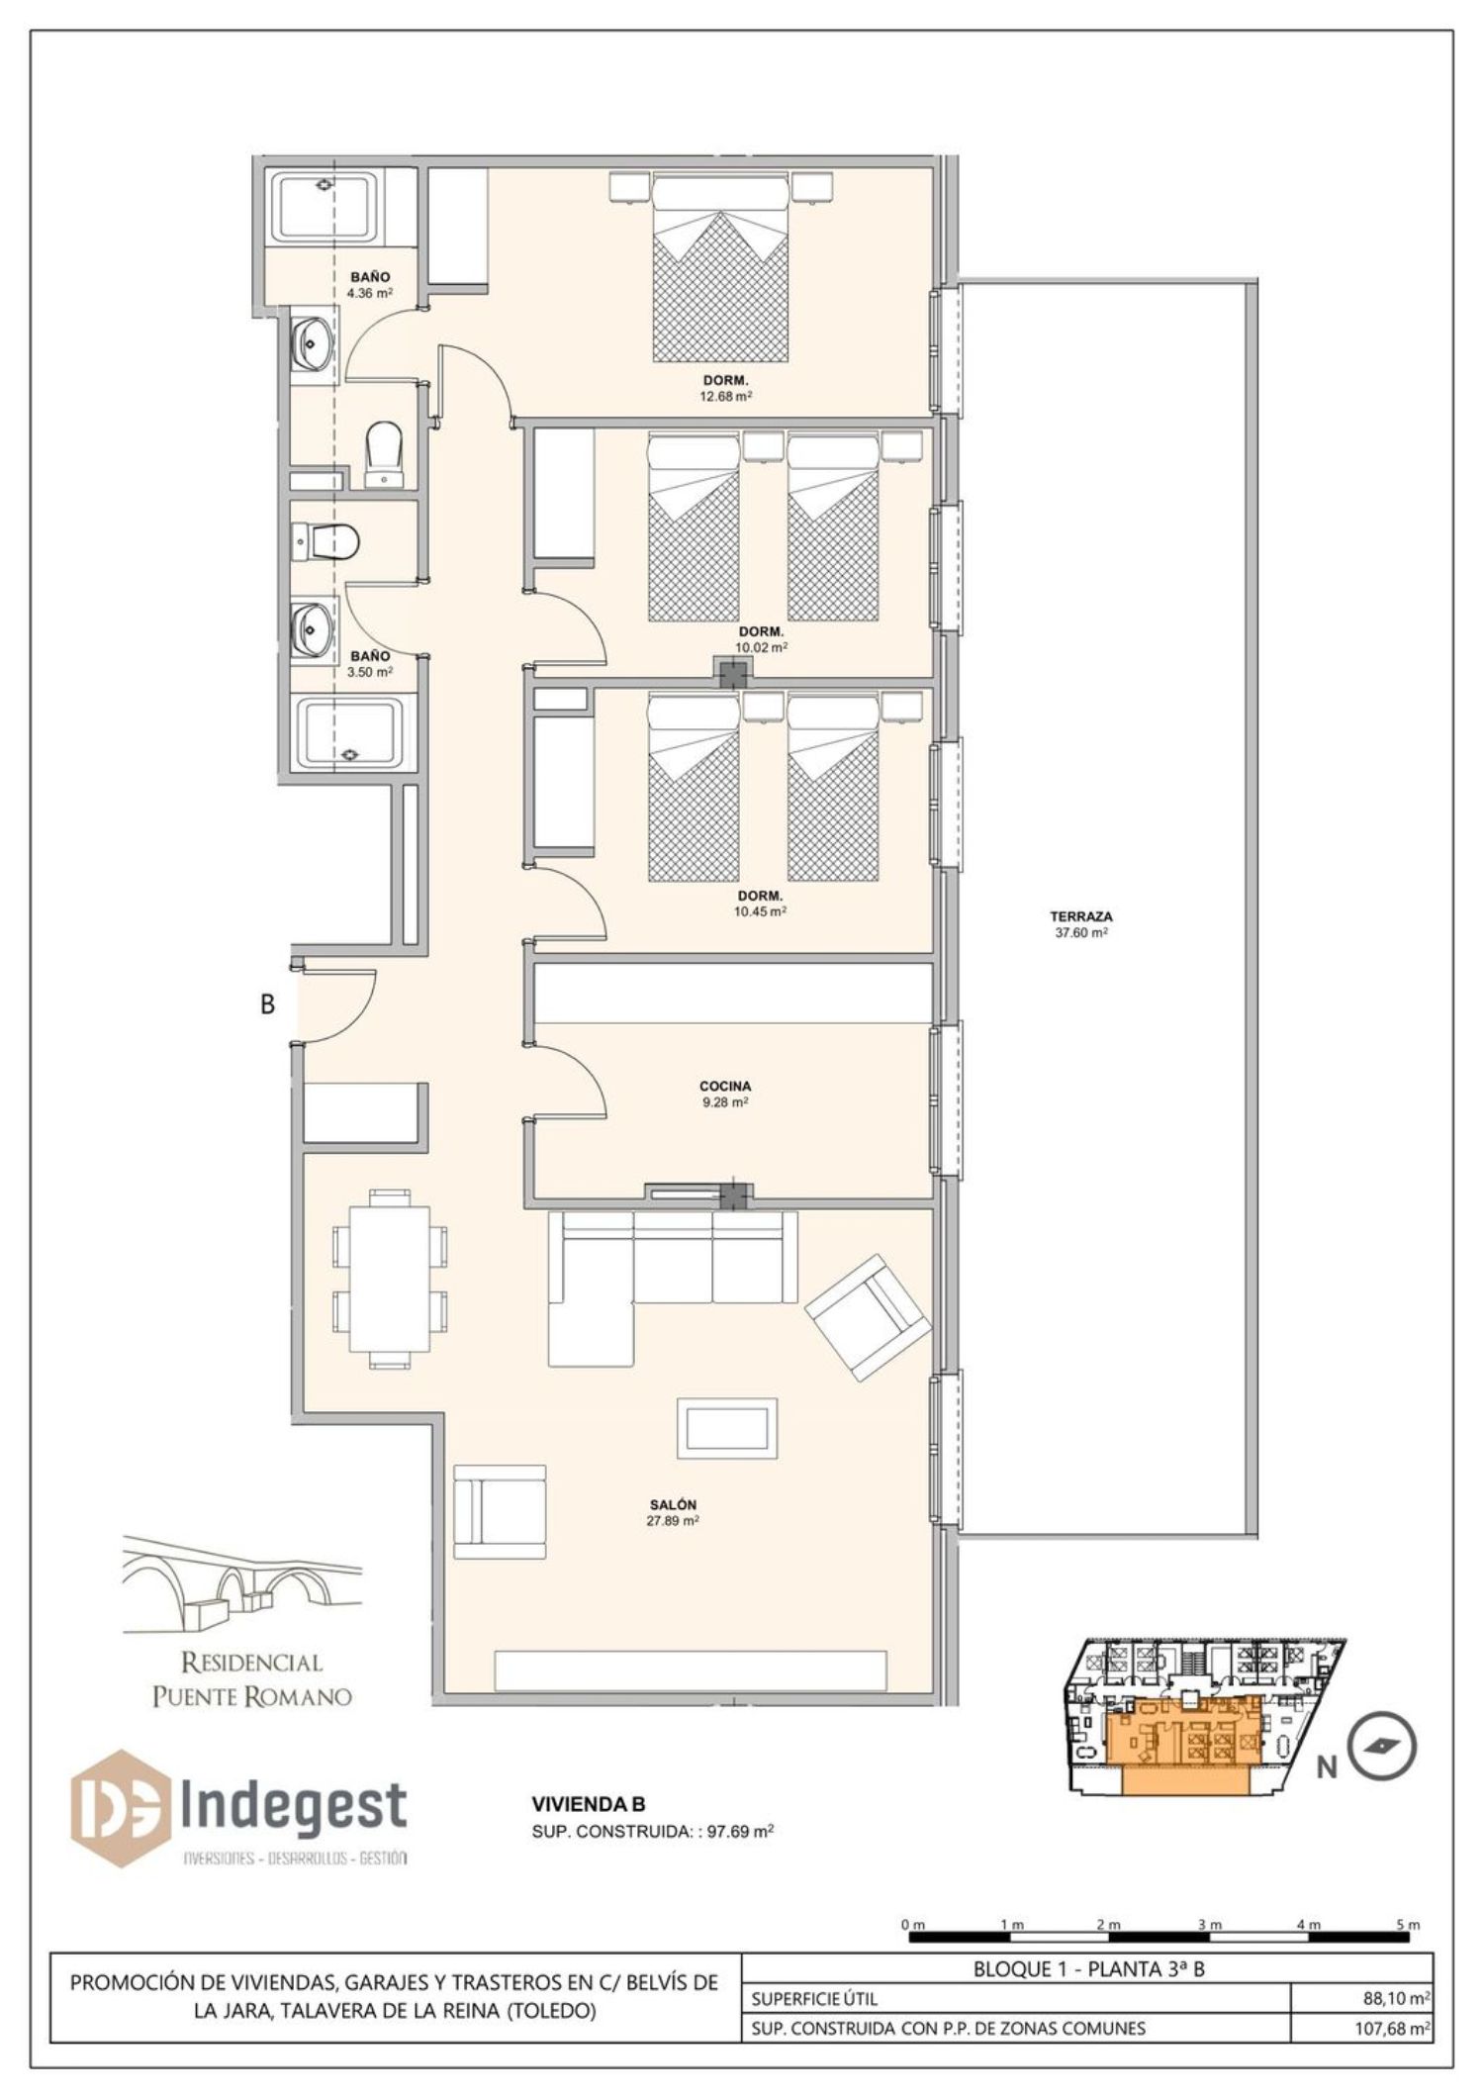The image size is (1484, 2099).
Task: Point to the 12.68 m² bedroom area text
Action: pyautogui.click(x=725, y=396)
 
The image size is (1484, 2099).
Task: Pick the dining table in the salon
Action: pyautogui.click(x=390, y=1280)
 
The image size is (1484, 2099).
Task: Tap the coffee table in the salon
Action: pyautogui.click(x=727, y=1427)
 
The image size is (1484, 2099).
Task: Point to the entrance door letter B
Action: pyautogui.click(x=267, y=1003)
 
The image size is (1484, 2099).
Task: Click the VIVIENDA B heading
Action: pyautogui.click(x=589, y=1805)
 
